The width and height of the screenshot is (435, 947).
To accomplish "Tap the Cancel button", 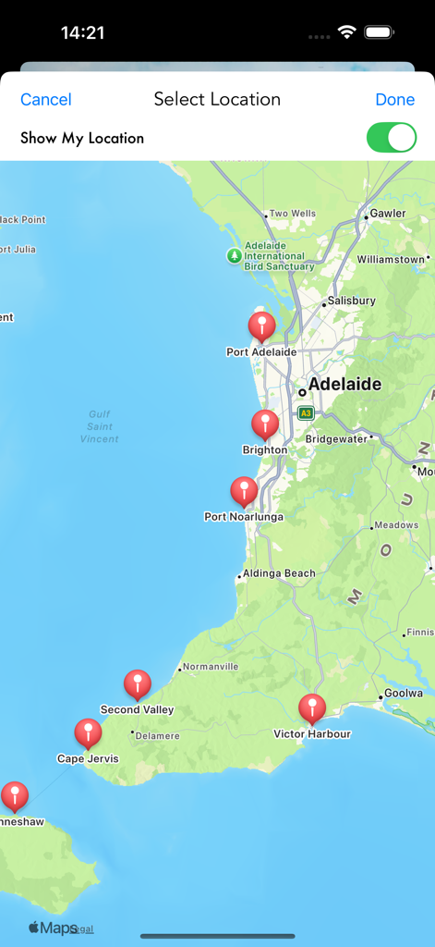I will click(x=46, y=100).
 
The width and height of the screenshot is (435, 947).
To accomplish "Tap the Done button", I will click(x=394, y=100).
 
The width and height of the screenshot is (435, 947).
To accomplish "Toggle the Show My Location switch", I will click(x=392, y=138).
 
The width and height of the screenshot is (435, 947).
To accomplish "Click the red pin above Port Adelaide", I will click(x=262, y=326).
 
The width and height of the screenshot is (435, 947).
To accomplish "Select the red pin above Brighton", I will click(x=265, y=424).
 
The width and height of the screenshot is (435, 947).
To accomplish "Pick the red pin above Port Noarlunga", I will click(x=244, y=491).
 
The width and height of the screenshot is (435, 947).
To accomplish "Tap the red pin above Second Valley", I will click(x=138, y=684).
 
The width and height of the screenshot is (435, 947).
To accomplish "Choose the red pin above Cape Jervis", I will click(x=89, y=733).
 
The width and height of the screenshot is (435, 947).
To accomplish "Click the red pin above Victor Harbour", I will click(x=312, y=708).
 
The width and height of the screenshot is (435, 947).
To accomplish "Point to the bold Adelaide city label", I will click(x=344, y=385).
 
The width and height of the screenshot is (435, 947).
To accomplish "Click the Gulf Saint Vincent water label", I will click(x=99, y=426).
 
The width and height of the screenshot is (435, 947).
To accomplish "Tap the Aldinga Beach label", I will click(x=279, y=573).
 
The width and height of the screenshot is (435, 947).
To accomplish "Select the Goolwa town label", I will click(x=404, y=693).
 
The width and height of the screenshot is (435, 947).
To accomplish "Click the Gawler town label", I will click(x=388, y=214).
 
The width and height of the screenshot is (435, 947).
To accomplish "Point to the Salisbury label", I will click(x=353, y=301).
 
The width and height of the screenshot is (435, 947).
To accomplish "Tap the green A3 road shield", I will click(x=306, y=412).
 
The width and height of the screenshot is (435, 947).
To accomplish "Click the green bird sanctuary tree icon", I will click(x=235, y=255).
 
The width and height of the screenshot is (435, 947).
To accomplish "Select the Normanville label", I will click(x=211, y=667).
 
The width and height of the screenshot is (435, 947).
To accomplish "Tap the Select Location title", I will click(x=217, y=100).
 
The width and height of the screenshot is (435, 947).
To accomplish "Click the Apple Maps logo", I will click(x=53, y=928).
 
